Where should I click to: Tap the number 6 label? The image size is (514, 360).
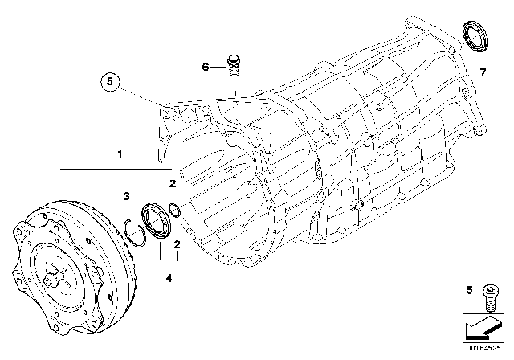point(205,67)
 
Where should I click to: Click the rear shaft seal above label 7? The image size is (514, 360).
point(473,38)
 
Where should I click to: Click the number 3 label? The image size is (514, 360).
point(126,196)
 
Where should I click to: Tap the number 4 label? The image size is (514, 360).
point(168,278)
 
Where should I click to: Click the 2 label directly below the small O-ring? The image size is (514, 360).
point(177,243)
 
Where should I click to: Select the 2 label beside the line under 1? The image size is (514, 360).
point(172,184)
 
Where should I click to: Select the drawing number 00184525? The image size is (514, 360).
point(487,348)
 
